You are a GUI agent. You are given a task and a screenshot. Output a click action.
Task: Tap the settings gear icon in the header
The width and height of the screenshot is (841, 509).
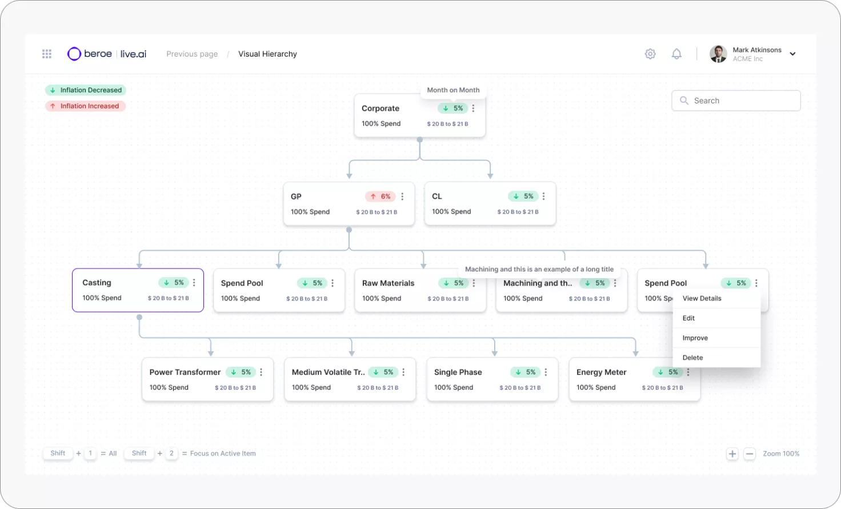(x=650, y=54)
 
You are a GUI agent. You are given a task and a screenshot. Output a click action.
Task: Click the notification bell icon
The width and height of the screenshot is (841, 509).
(x=676, y=54)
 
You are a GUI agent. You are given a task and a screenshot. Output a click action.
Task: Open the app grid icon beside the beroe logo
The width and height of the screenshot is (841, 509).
(x=47, y=54)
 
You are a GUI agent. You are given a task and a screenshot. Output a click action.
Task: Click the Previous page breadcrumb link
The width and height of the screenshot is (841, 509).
(x=192, y=54)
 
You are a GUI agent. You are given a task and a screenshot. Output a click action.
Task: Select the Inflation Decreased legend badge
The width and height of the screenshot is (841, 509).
(x=86, y=90)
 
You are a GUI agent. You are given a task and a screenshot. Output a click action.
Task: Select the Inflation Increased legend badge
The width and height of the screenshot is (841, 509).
(x=85, y=106)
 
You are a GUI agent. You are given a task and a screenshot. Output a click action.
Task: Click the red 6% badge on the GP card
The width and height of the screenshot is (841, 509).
(x=381, y=197)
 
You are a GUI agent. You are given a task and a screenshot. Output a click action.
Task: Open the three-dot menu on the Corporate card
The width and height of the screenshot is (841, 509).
(x=473, y=109)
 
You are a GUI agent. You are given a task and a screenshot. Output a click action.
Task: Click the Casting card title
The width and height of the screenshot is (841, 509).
(x=97, y=283)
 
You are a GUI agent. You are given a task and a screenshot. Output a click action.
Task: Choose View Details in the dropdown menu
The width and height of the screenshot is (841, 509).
(x=702, y=299)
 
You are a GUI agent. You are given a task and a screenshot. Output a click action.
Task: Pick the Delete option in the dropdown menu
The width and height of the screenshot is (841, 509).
(x=692, y=358)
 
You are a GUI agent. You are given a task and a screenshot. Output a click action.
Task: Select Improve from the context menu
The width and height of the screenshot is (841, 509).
(x=695, y=338)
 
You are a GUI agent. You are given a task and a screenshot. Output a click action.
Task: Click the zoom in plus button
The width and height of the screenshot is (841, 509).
(x=732, y=454)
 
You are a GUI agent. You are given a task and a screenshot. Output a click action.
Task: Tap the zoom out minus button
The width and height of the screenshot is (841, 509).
(x=750, y=454)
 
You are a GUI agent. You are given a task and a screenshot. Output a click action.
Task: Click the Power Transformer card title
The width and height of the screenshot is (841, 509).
(x=185, y=372)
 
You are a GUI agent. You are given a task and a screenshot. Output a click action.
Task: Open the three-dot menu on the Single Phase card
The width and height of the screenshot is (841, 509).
(x=546, y=372)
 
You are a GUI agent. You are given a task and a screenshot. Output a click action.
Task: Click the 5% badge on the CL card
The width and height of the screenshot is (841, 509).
(x=523, y=197)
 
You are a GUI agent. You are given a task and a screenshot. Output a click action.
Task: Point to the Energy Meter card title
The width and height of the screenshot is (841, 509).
(x=601, y=372)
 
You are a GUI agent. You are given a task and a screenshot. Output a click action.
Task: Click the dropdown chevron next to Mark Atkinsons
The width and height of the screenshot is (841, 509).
(x=792, y=54)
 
